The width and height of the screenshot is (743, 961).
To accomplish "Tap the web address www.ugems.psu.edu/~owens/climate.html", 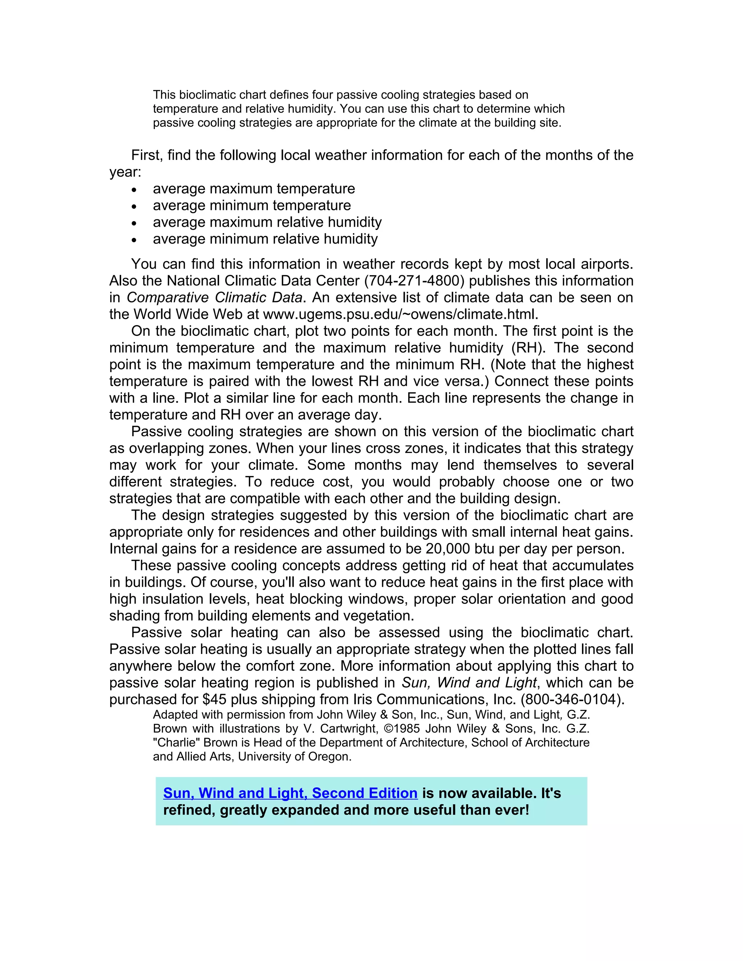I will click(400, 314).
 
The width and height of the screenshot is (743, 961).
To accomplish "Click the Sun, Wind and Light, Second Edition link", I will click(290, 793).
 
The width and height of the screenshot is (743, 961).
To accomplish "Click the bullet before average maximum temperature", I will click(134, 190).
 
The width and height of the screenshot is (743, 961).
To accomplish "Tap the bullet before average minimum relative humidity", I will click(134, 240).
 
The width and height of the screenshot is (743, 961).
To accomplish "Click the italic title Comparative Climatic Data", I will click(214, 297).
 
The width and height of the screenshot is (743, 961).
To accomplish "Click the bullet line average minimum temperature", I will click(252, 206).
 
